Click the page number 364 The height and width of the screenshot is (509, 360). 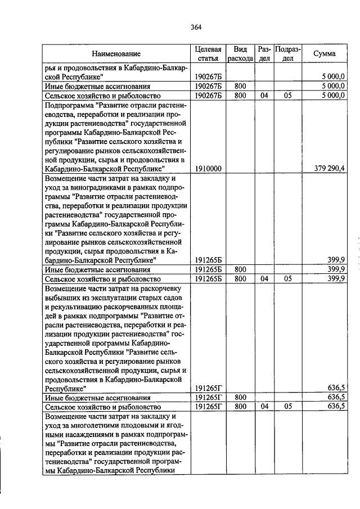tap(196, 27)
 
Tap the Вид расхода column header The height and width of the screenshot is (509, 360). tap(241, 54)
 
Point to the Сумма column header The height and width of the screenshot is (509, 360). tap(325, 54)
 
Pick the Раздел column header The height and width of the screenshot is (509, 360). tap(264, 54)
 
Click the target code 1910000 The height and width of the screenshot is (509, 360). tap(208, 168)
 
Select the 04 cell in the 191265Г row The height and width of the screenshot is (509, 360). tap(264, 407)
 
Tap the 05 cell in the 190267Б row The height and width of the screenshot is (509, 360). tap(287, 96)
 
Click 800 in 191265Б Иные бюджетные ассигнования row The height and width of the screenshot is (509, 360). tap(240, 269)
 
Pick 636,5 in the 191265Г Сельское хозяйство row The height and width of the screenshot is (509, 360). tap(335, 407)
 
